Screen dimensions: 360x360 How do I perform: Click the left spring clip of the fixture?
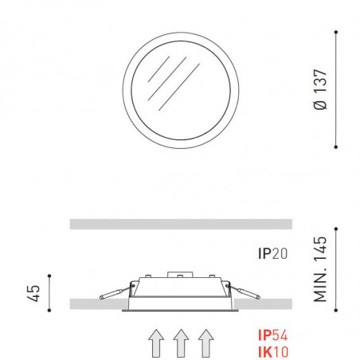pyautogui.click(x=114, y=292)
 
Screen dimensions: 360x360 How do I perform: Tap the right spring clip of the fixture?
pyautogui.click(x=246, y=292)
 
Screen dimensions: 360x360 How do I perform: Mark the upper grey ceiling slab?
pyautogui.click(x=182, y=224)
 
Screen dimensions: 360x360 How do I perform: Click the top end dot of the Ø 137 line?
pyautogui.click(x=338, y=32)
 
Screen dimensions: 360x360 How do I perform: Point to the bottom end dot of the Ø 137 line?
pyautogui.click(x=338, y=146)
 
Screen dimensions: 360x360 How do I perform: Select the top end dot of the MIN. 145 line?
pyautogui.click(x=338, y=232)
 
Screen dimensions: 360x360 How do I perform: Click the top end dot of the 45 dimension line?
pyautogui.click(x=49, y=276)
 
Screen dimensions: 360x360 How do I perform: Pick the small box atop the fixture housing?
pyautogui.click(x=182, y=277)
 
